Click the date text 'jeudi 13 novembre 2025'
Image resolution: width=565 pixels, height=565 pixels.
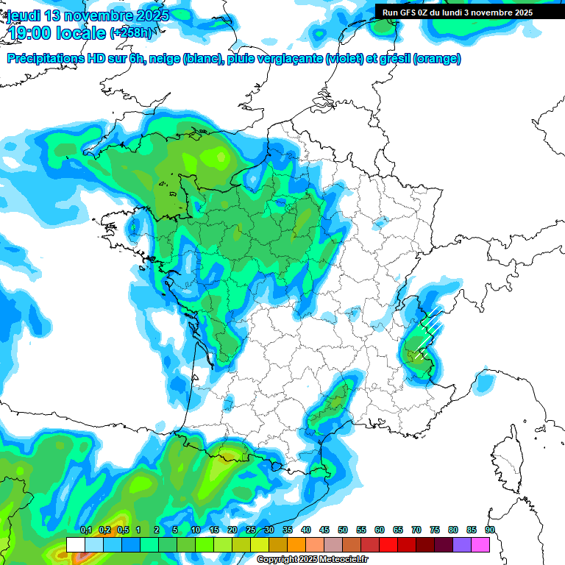[88, 15]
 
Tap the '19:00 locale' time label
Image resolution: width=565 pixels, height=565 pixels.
[57, 32]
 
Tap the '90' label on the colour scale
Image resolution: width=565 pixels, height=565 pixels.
[490, 530]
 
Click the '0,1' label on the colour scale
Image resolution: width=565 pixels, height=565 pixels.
[86, 530]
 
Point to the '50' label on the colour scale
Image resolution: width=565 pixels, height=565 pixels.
[343, 530]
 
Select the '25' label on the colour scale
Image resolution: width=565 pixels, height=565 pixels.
[251, 530]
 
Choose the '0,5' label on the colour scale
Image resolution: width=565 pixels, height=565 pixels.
[123, 530]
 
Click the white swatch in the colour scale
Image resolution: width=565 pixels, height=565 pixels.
[76, 544]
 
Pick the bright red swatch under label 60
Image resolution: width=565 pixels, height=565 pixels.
[388, 544]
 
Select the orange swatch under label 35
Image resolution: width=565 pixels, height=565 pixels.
[296, 544]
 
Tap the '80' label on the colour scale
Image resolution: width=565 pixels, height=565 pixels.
[453, 530]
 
